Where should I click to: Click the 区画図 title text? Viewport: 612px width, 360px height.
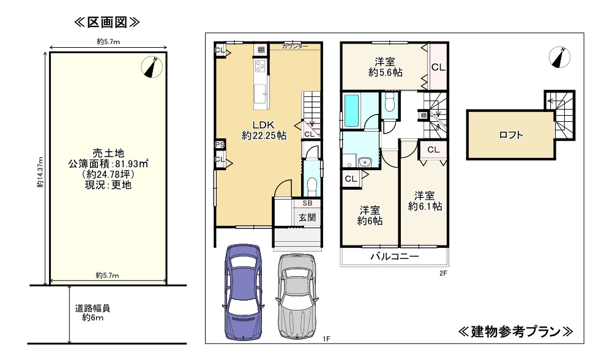click(x=106, y=22)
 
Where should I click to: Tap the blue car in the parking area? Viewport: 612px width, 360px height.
click(x=243, y=293)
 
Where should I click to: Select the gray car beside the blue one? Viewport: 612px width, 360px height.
click(x=297, y=296)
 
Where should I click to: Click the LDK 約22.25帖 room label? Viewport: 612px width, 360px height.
click(x=264, y=130)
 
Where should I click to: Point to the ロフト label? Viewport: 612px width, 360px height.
click(x=511, y=135)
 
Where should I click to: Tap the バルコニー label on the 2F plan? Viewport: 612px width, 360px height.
click(x=395, y=257)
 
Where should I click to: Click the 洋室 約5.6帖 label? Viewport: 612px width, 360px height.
click(x=385, y=67)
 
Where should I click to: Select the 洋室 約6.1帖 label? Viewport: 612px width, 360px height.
click(x=425, y=201)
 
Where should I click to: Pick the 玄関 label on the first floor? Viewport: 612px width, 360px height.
click(x=307, y=217)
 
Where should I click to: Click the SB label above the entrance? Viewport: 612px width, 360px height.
click(x=307, y=203)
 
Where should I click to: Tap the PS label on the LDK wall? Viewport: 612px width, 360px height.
click(x=220, y=144)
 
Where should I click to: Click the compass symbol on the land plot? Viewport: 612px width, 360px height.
click(x=152, y=67)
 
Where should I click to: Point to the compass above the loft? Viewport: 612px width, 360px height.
click(x=559, y=58)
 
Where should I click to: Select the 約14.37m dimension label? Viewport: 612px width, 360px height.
click(x=40, y=172)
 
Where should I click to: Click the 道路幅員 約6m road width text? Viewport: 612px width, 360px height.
click(x=92, y=313)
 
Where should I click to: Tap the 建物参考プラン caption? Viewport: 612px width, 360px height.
click(x=515, y=331)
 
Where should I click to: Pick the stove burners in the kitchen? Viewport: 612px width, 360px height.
click(x=260, y=66)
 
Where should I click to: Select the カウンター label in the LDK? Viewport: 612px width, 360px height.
click(x=295, y=46)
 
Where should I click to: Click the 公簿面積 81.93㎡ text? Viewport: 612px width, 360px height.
click(x=108, y=163)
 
